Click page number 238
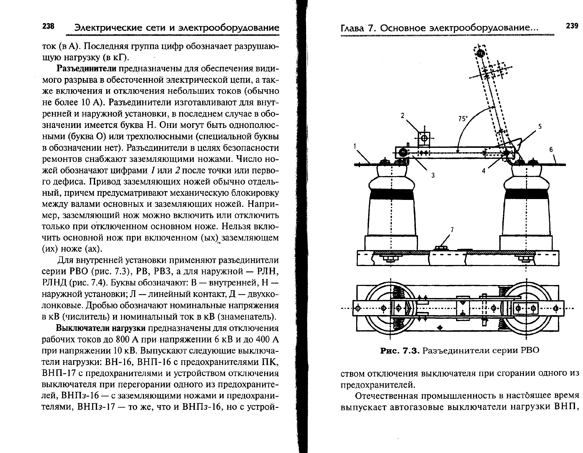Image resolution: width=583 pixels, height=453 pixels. coord(48,26)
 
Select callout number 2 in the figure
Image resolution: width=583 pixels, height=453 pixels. coord(403,115)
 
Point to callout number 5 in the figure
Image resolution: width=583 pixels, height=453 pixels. coord(540,126)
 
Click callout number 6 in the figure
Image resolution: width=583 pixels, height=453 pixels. coord(551,150)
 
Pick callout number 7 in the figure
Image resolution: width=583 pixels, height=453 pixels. coord(452,230)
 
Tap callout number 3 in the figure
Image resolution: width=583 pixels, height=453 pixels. coord(433,175)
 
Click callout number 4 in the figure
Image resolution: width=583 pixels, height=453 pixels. coord(484,171)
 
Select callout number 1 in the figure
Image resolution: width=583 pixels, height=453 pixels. coord(355,146)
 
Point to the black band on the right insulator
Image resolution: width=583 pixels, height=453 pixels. coord(526,194)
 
